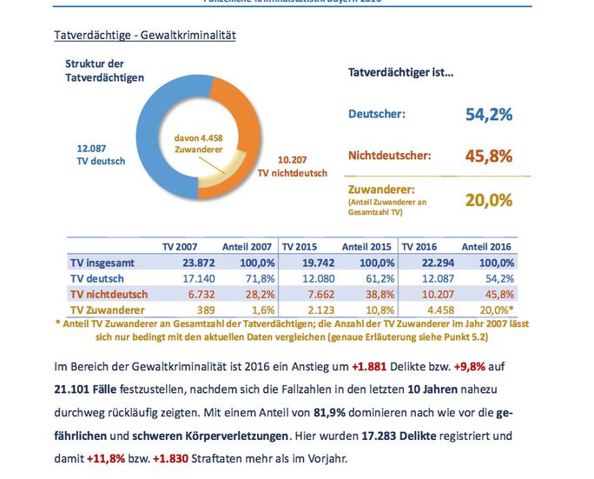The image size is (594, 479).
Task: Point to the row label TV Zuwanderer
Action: coord(109,309)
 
